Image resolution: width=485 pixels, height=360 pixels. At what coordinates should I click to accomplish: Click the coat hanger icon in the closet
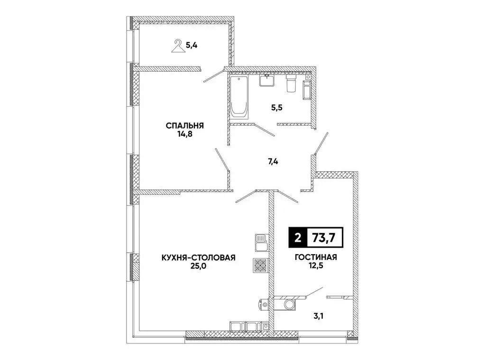pos(178,46)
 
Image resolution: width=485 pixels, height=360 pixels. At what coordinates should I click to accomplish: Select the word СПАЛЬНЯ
pos(184,126)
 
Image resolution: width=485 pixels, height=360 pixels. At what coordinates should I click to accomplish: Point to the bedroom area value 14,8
pos(184,134)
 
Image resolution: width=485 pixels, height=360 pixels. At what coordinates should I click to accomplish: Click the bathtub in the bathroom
pos(239,97)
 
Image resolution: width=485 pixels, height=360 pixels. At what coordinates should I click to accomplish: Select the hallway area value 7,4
pos(273,161)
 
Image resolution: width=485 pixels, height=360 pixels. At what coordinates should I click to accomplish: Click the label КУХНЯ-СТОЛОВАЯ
pos(199,258)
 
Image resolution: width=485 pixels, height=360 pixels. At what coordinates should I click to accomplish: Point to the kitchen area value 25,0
pos(199,267)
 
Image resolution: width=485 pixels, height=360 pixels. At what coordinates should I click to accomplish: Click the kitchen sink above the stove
pos(260,242)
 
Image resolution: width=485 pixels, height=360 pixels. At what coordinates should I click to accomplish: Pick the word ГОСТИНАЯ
pos(314,258)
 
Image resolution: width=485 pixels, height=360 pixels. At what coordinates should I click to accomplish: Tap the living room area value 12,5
pos(314,267)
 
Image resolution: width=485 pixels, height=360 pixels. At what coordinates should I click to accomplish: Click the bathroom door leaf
pos(264,130)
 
